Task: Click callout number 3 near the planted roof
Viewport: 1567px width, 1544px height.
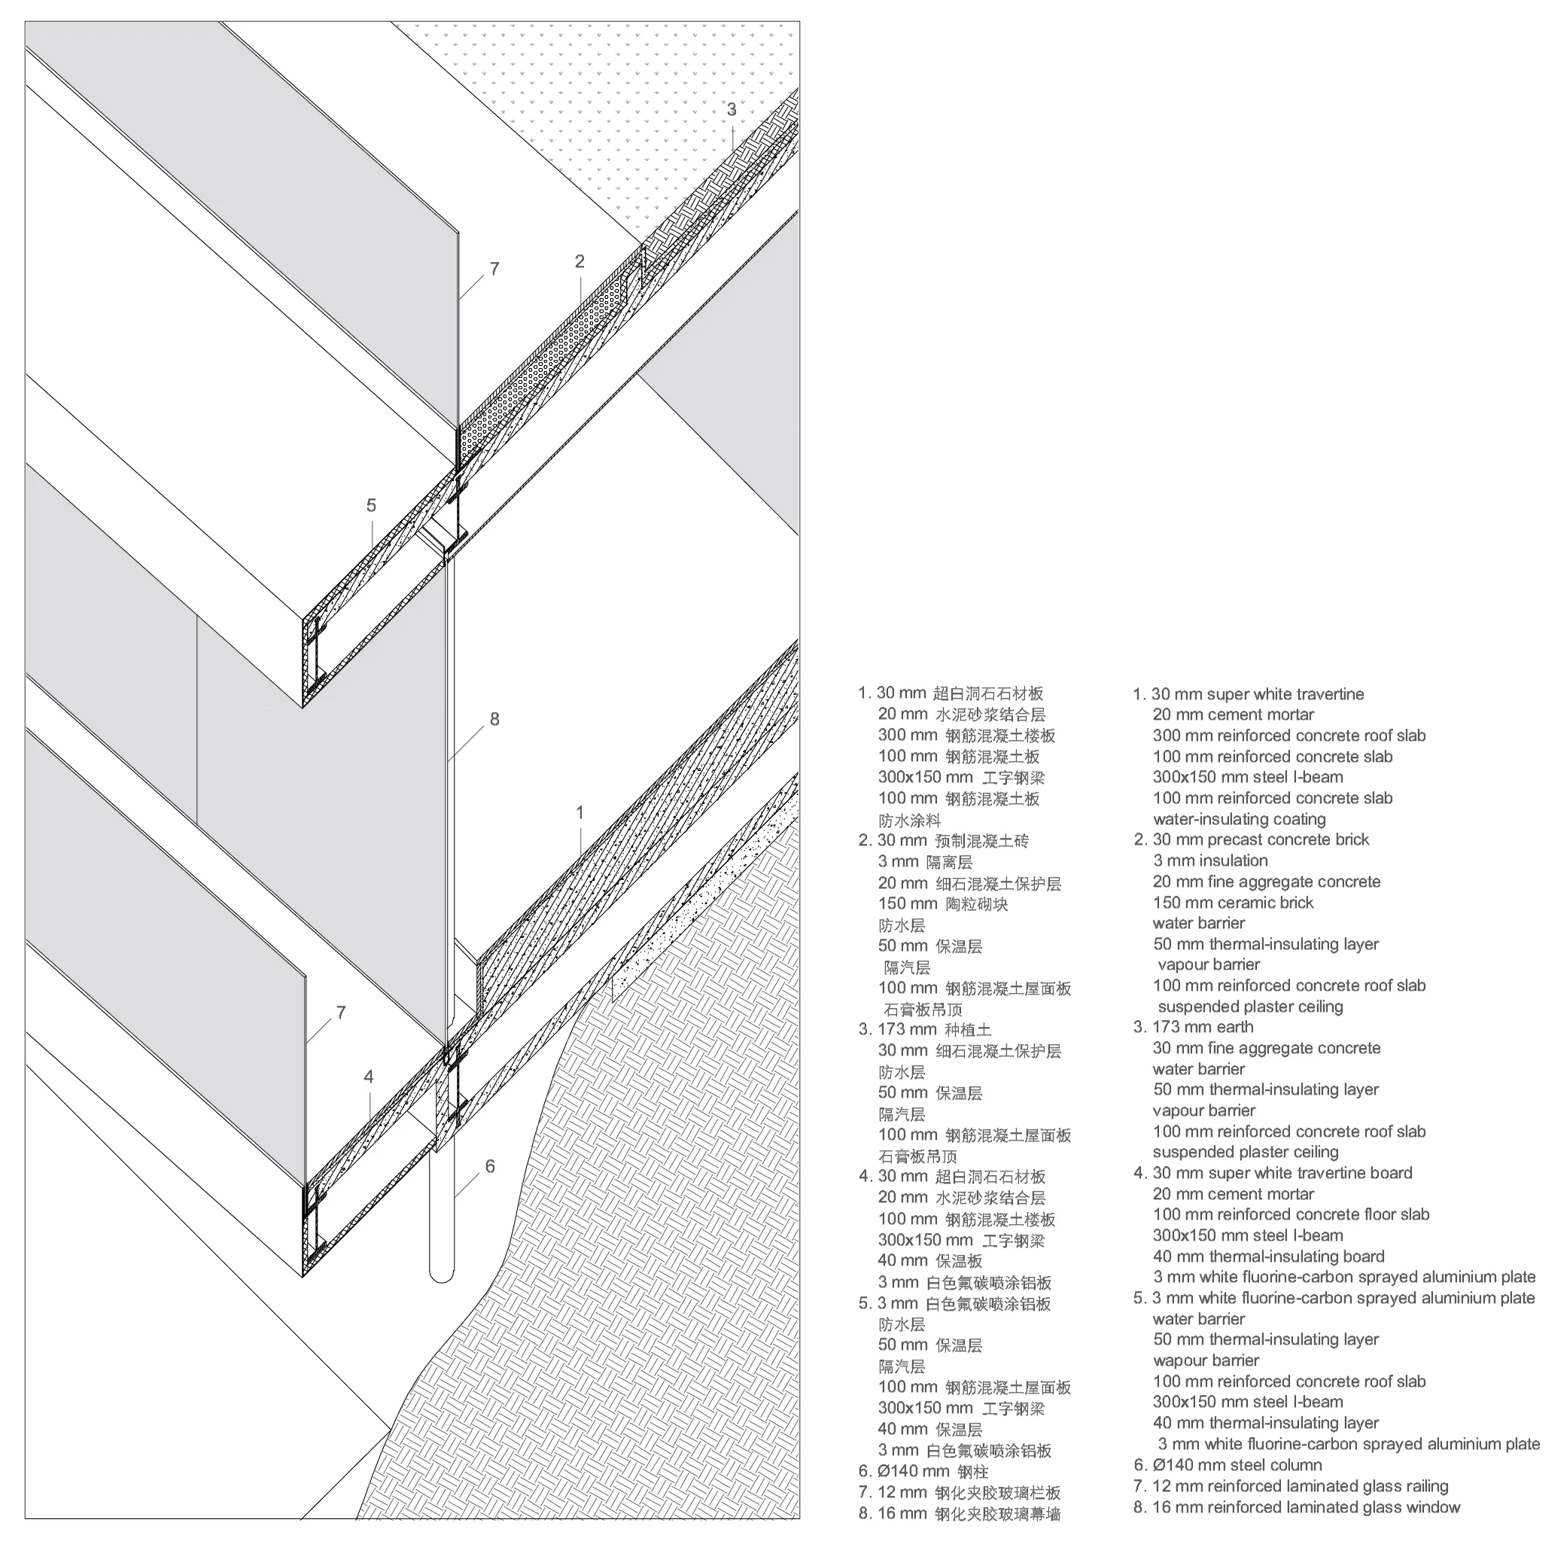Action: (732, 109)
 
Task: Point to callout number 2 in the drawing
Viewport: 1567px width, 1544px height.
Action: (580, 261)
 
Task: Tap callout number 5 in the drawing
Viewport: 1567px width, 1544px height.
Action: (371, 505)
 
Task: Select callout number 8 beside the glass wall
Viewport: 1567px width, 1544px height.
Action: (494, 719)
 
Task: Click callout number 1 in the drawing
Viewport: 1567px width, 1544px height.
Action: (580, 812)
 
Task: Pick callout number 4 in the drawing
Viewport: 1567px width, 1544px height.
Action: (369, 1077)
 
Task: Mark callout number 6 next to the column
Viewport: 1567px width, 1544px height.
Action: (490, 1166)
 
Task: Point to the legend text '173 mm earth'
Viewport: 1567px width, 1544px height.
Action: (1203, 1027)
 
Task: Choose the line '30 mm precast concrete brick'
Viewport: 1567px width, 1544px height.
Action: (1261, 839)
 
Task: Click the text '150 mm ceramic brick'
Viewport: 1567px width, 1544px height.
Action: (1233, 903)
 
